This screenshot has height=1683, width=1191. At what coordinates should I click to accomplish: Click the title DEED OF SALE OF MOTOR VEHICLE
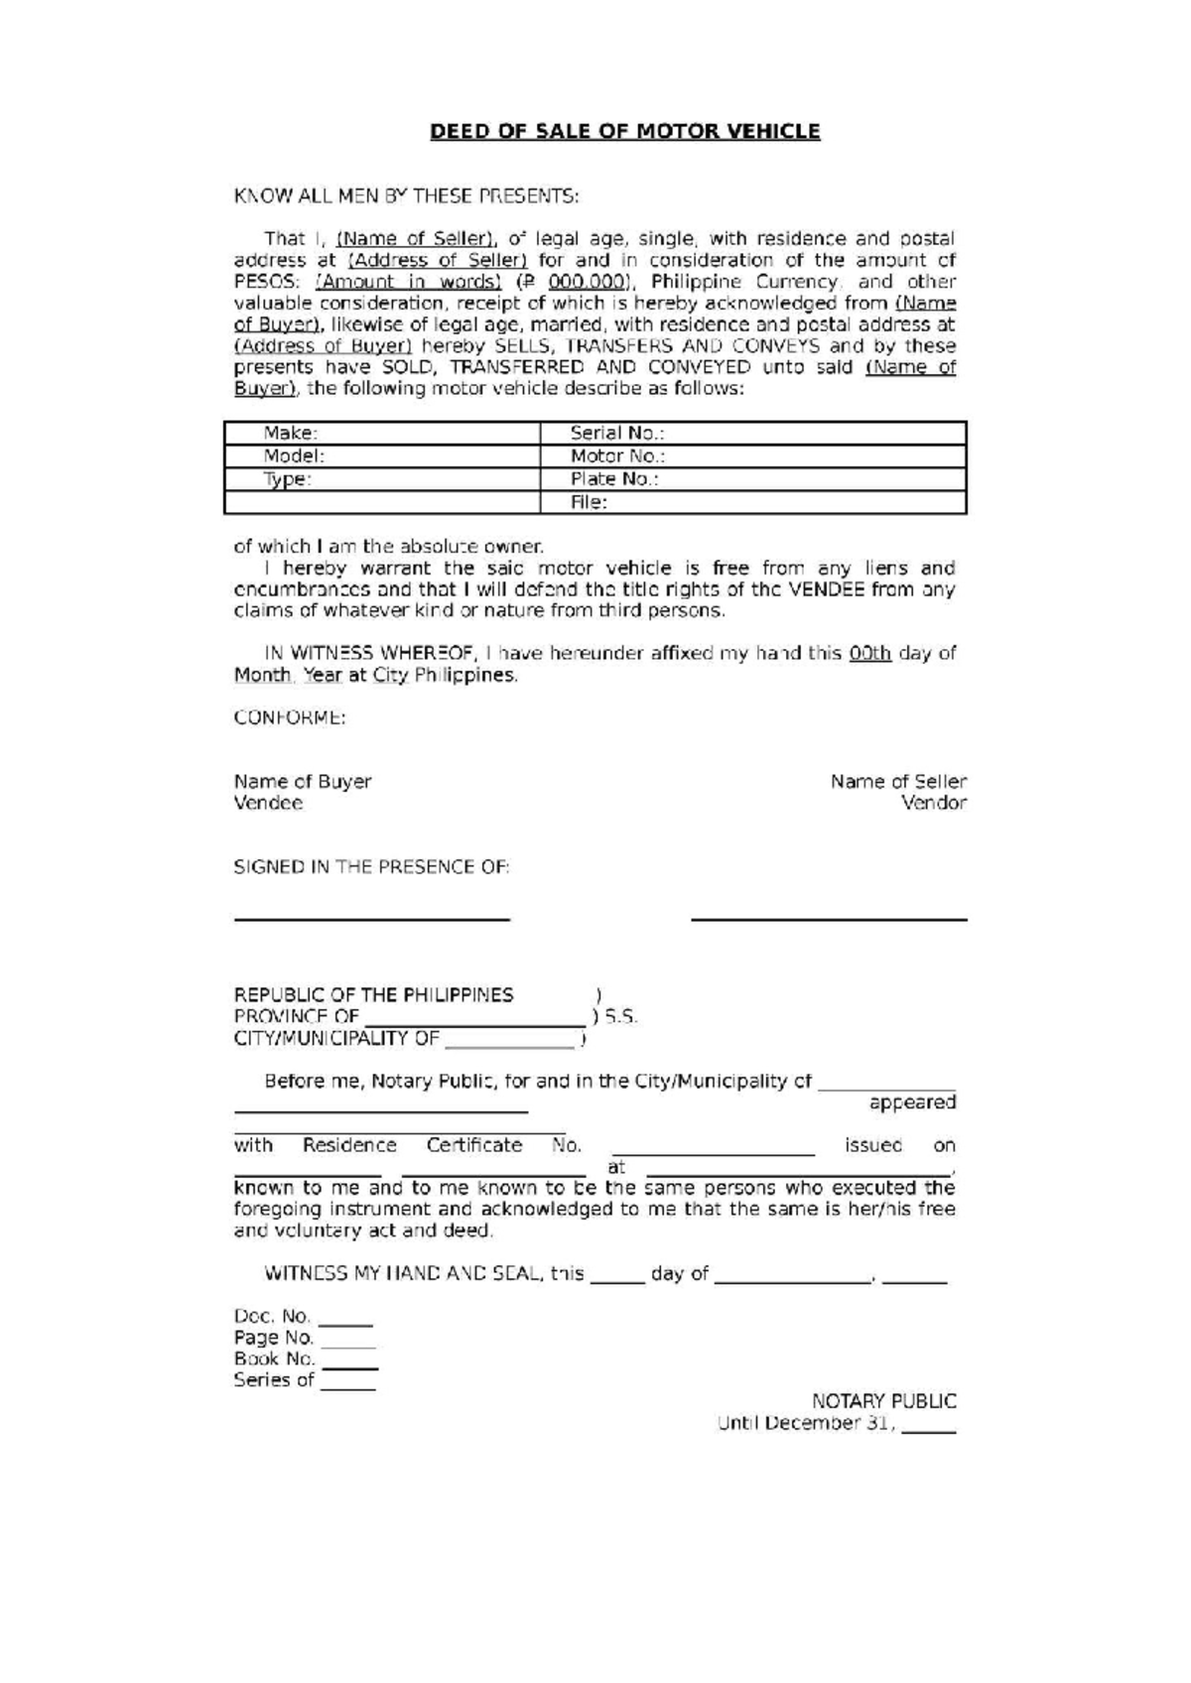click(624, 131)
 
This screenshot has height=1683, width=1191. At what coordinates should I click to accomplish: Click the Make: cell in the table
click(382, 433)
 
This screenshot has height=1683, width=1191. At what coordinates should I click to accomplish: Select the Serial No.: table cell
click(752, 433)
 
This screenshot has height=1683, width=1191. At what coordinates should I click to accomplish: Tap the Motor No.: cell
click(752, 455)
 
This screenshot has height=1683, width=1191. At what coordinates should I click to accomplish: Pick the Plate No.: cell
click(752, 479)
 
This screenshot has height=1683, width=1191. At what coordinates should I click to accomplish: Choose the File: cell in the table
click(752, 502)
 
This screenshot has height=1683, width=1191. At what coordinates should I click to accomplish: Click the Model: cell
click(382, 455)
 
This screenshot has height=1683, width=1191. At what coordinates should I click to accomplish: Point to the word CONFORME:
click(289, 717)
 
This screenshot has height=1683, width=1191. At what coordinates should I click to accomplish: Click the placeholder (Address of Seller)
click(437, 260)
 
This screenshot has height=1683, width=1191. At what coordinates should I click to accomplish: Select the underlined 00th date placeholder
click(869, 653)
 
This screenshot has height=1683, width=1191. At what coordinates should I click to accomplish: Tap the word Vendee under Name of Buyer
click(268, 803)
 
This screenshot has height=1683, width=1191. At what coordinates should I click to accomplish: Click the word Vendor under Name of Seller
click(933, 803)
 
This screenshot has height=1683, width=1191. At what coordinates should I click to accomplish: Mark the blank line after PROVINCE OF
click(474, 1022)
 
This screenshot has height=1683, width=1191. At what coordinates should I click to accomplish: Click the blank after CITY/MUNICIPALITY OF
click(509, 1044)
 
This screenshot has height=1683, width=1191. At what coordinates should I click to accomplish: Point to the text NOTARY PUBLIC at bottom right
click(883, 1401)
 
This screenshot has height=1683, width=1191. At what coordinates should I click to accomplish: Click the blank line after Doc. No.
click(346, 1322)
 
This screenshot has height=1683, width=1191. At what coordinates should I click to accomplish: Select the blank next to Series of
click(347, 1386)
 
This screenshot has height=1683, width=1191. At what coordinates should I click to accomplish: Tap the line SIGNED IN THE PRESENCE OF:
click(371, 866)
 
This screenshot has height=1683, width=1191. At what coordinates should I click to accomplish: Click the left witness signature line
click(371, 919)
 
